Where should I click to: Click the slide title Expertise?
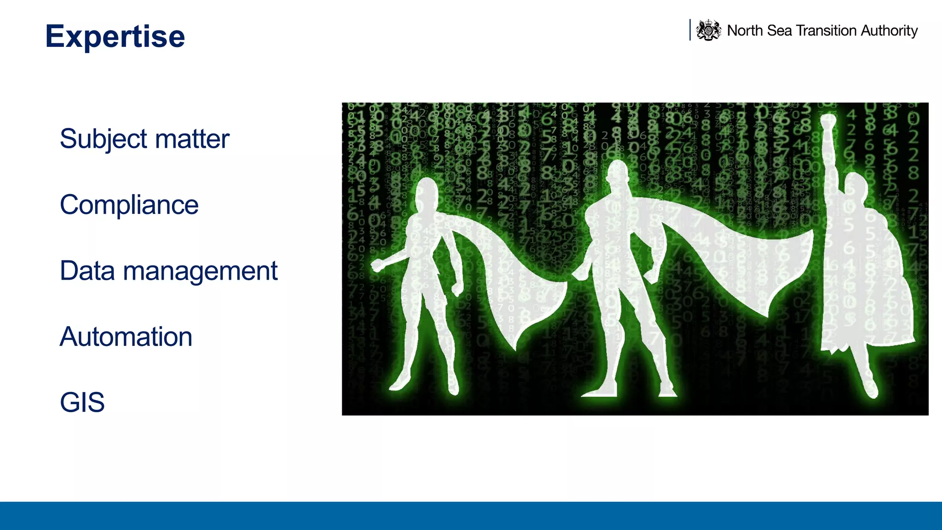(x=115, y=36)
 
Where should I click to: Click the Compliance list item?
(x=129, y=205)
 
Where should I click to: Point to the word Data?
(x=87, y=271)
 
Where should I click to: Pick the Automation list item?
(x=126, y=336)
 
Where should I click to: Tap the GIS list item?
(x=82, y=402)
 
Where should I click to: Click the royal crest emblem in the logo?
(x=708, y=30)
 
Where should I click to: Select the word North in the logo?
(x=745, y=30)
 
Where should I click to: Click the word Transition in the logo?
(x=826, y=30)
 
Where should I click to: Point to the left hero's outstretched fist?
(x=377, y=265)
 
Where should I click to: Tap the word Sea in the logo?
(x=780, y=30)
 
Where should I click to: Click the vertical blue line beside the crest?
(x=690, y=30)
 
